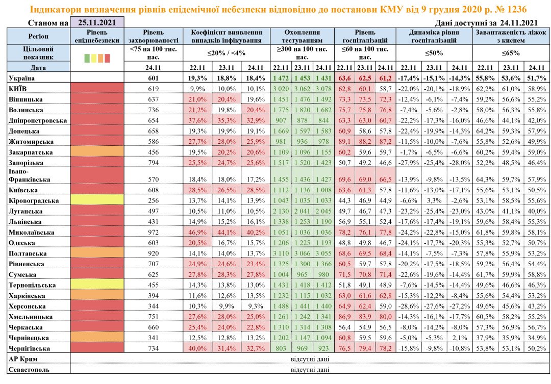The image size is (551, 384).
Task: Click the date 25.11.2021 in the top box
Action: click(x=97, y=22)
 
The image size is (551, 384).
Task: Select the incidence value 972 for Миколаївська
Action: click(x=153, y=232)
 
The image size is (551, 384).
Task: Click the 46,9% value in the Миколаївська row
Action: click(x=196, y=232)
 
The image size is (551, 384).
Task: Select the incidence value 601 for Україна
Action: click(x=153, y=78)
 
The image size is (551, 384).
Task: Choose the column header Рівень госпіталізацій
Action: click(x=365, y=36)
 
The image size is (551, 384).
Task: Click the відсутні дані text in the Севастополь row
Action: click(x=309, y=370)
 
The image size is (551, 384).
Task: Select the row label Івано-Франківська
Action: click(x=30, y=176)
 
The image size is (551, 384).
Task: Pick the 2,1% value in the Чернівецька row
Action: click(x=460, y=338)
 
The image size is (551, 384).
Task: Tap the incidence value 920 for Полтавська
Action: click(x=153, y=253)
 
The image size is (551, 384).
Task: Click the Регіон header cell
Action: click(x=38, y=36)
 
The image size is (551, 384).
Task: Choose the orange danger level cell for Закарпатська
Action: click(x=97, y=152)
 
